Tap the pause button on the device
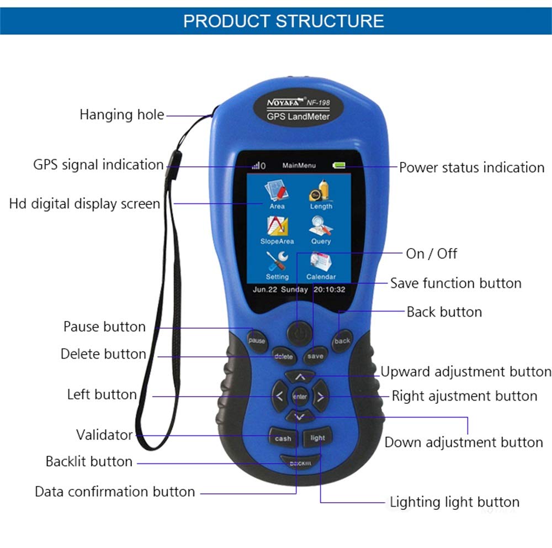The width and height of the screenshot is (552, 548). [x=257, y=340]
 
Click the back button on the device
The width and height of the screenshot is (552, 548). [x=342, y=341]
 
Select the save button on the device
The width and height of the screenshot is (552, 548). [x=315, y=356]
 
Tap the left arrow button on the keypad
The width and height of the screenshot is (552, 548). [x=279, y=396]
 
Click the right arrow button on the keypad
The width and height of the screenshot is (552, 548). [x=321, y=396]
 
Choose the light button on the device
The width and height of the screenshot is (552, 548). [x=318, y=438]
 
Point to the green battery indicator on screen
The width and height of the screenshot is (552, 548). [x=338, y=165]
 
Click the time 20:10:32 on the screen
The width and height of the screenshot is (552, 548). [x=330, y=289]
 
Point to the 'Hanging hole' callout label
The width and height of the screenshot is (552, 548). [x=122, y=115]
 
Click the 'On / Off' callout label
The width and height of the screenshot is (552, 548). [x=432, y=254]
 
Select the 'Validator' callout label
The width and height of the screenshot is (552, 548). [x=104, y=435]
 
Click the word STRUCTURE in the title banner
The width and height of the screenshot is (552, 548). [x=330, y=21]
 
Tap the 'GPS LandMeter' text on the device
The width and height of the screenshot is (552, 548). [x=298, y=117]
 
